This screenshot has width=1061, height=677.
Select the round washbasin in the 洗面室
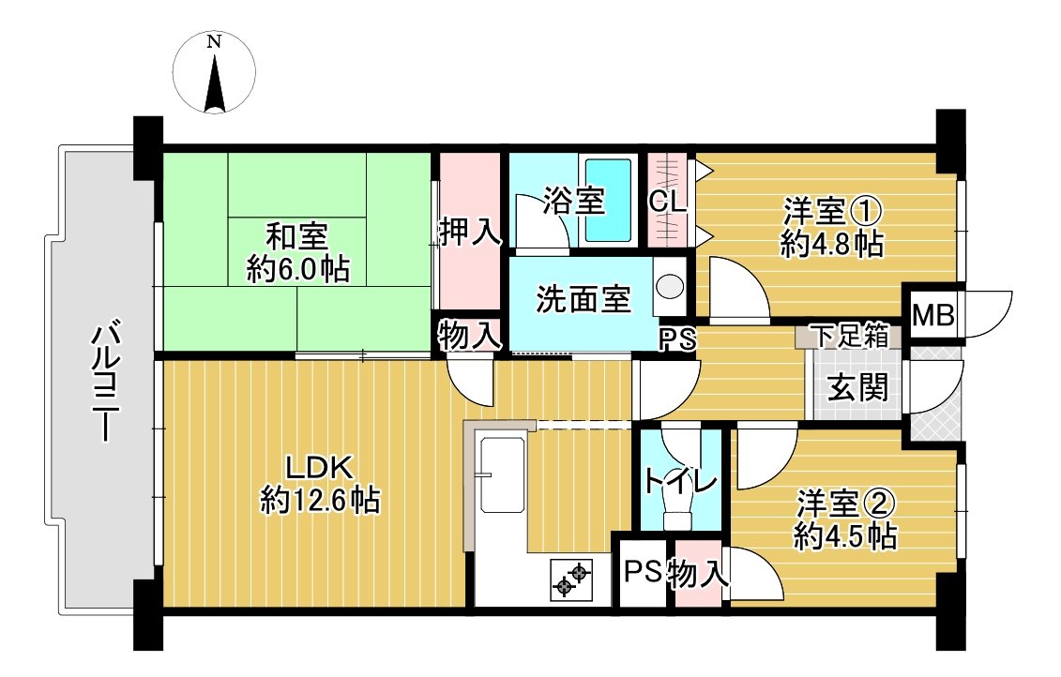point(670,286)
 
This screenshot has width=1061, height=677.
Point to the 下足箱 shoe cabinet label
point(849,336)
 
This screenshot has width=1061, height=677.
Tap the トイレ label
point(680,482)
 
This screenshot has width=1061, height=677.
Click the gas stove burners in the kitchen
point(571,579)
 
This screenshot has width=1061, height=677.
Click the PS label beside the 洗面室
point(677,339)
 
